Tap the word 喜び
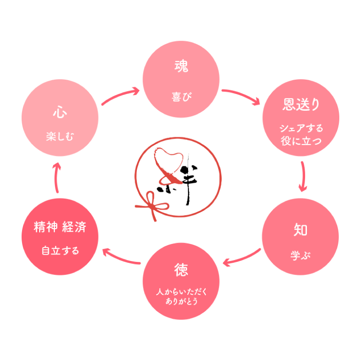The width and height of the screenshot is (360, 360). click(x=181, y=96)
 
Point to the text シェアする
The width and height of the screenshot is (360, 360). click(x=301, y=128)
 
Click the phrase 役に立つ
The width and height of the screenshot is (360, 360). click(x=301, y=141)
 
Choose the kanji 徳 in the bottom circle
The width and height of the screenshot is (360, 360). click(x=181, y=270)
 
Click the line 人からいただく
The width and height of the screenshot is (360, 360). click(x=181, y=292)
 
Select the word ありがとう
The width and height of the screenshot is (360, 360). click(x=181, y=301)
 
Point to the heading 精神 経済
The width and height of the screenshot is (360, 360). click(x=60, y=227)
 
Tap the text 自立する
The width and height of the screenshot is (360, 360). click(x=60, y=250)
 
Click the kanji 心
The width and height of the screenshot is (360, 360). click(x=60, y=112)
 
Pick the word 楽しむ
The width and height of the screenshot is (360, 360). click(x=60, y=136)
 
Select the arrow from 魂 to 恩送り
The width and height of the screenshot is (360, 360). click(x=242, y=96)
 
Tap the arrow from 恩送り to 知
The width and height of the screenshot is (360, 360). click(x=303, y=175)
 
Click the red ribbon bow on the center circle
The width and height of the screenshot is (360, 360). click(x=152, y=207)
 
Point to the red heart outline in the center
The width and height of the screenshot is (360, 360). click(x=169, y=162)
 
